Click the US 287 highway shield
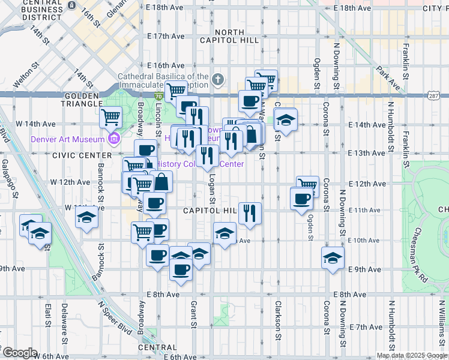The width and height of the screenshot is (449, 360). [x=434, y=95]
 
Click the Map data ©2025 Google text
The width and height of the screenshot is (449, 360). [x=412, y=355]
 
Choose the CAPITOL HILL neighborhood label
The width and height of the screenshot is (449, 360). [x=210, y=211]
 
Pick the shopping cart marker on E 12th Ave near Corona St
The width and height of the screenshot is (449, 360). [x=307, y=185]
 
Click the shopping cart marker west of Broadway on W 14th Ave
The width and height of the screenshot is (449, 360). [x=110, y=117]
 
